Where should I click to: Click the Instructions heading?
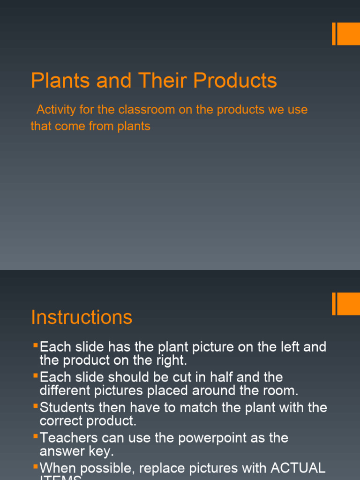82,317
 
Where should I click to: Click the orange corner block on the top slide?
347,34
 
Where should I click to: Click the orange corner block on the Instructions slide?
347,304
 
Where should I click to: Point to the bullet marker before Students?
35,406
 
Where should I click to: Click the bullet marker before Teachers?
35,436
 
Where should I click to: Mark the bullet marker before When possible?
35,466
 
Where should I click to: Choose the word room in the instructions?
282,390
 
